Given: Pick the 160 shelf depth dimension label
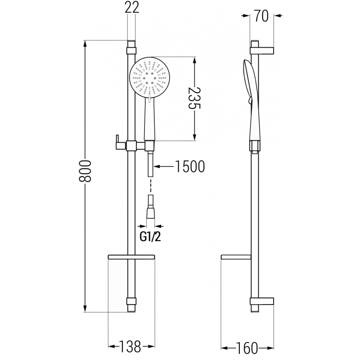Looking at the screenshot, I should click(247, 347).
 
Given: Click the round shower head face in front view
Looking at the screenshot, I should click(149, 77).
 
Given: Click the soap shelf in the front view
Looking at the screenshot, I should click(131, 257).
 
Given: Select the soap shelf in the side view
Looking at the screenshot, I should click(236, 257).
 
